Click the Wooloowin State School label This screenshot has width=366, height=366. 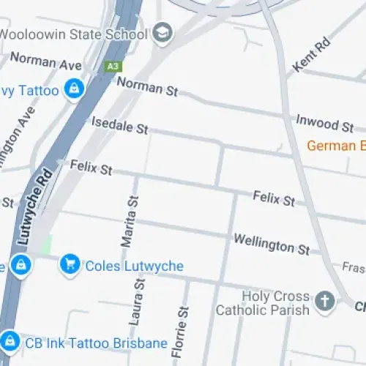tap(73, 34)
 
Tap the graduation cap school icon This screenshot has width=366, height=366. tap(163, 32)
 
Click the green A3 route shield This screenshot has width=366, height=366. tap(112, 67)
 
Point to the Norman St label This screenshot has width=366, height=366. tap(147, 88)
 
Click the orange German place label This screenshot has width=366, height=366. tap(336, 146)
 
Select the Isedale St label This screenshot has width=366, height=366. tap(119, 125)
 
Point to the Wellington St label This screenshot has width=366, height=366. tap(271, 244)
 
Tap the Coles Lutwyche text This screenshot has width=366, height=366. tap(134, 266)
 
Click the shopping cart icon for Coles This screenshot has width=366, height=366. tap(70, 264)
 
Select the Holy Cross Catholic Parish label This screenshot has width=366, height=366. tap(268, 303)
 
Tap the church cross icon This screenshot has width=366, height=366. tap(324, 301)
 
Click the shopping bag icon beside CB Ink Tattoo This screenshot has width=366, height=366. tap(10, 341)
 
